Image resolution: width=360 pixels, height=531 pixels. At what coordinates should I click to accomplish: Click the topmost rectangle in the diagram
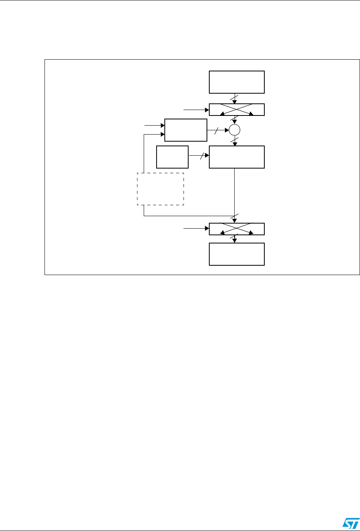pyautogui.click(x=237, y=82)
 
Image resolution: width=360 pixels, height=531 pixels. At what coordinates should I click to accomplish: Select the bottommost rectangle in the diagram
pyautogui.click(x=237, y=254)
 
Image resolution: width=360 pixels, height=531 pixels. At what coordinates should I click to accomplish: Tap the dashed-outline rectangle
pyautogui.click(x=160, y=189)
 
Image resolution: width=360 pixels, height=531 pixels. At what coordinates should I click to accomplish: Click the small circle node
pyautogui.click(x=235, y=130)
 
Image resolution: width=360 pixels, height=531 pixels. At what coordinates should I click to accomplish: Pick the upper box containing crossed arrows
pyautogui.click(x=237, y=110)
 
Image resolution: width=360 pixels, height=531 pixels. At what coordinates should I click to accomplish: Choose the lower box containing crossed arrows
pyautogui.click(x=237, y=229)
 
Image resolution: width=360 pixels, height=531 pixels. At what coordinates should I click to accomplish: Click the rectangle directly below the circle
pyautogui.click(x=237, y=157)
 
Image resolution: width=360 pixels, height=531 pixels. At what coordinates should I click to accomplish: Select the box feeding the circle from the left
pyautogui.click(x=185, y=130)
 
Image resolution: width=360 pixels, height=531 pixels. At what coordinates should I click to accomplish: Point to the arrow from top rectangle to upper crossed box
pyautogui.click(x=235, y=98)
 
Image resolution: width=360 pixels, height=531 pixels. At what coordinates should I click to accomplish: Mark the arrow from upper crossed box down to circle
pyautogui.click(x=235, y=121)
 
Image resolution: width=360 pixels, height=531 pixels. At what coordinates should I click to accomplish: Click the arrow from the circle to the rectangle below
pyautogui.click(x=235, y=140)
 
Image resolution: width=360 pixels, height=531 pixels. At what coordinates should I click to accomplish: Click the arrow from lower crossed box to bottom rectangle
pyautogui.click(x=235, y=239)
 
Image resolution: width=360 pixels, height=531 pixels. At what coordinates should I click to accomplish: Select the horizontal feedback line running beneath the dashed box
pyautogui.click(x=187, y=216)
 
